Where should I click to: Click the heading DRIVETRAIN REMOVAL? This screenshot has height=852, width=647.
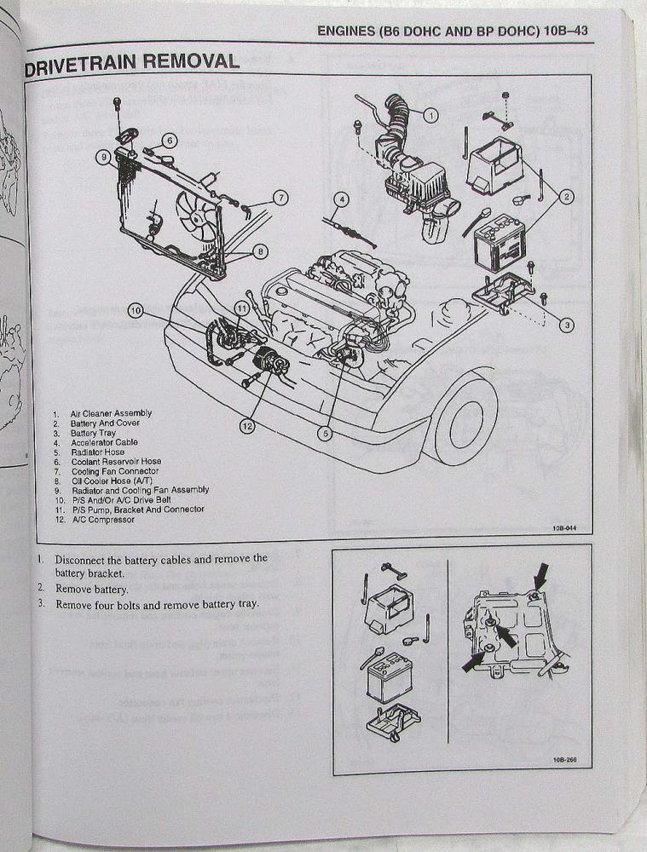[132, 62]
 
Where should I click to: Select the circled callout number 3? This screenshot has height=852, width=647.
[568, 324]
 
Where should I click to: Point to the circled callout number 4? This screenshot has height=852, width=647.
[342, 201]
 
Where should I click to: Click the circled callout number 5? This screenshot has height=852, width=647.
[324, 432]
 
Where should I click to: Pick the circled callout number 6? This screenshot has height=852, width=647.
[169, 141]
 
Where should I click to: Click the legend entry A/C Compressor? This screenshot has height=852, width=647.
[102, 520]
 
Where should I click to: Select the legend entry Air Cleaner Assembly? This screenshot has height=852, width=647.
[110, 413]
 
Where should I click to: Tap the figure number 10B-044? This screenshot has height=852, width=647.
[564, 528]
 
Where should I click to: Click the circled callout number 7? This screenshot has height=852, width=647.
[280, 198]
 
